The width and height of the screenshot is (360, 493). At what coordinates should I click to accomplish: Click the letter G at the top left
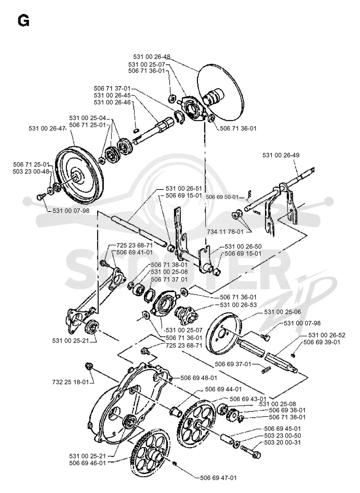click(x=24, y=21)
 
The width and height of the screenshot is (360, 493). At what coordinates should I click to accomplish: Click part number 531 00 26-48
click(x=152, y=57)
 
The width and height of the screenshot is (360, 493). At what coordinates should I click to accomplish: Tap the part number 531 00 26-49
click(x=281, y=155)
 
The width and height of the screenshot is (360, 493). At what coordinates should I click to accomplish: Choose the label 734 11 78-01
click(x=225, y=232)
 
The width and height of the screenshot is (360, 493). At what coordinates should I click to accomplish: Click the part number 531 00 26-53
click(x=238, y=305)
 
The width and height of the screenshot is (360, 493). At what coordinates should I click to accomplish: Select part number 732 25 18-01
click(x=71, y=382)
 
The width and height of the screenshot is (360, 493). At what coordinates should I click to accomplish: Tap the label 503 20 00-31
click(x=283, y=443)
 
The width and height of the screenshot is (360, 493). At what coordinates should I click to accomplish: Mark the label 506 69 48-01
click(x=198, y=378)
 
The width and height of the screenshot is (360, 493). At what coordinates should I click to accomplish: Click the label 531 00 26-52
click(x=327, y=335)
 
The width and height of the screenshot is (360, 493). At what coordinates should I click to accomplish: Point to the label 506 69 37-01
click(x=233, y=364)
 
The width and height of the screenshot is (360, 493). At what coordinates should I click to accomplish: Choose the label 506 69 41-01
click(x=135, y=252)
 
